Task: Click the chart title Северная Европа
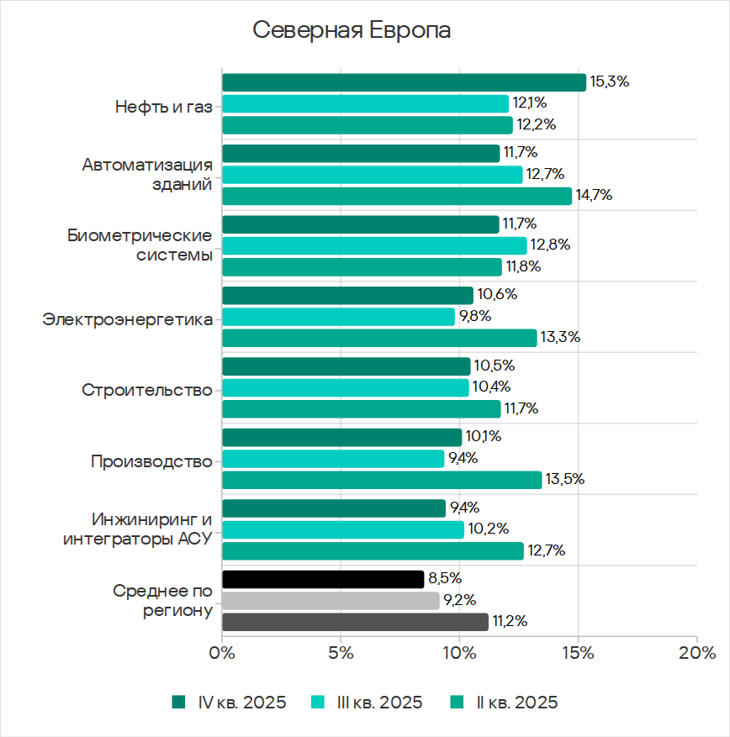352,31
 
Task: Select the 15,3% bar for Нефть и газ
404,82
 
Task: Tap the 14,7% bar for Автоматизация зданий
396,196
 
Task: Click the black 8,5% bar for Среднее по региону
323,579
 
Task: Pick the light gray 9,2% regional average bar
331,601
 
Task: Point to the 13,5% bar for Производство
382,480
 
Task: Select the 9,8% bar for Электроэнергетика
338,317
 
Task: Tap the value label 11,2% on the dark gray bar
510,622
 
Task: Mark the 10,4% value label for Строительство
490,387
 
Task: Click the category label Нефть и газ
163,107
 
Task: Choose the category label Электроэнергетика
127,319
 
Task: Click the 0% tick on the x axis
221,654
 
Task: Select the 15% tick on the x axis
579,654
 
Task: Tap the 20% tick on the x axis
696,654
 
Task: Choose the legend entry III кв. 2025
367,703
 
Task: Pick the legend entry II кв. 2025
505,703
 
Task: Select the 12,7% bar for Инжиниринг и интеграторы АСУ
373,551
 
